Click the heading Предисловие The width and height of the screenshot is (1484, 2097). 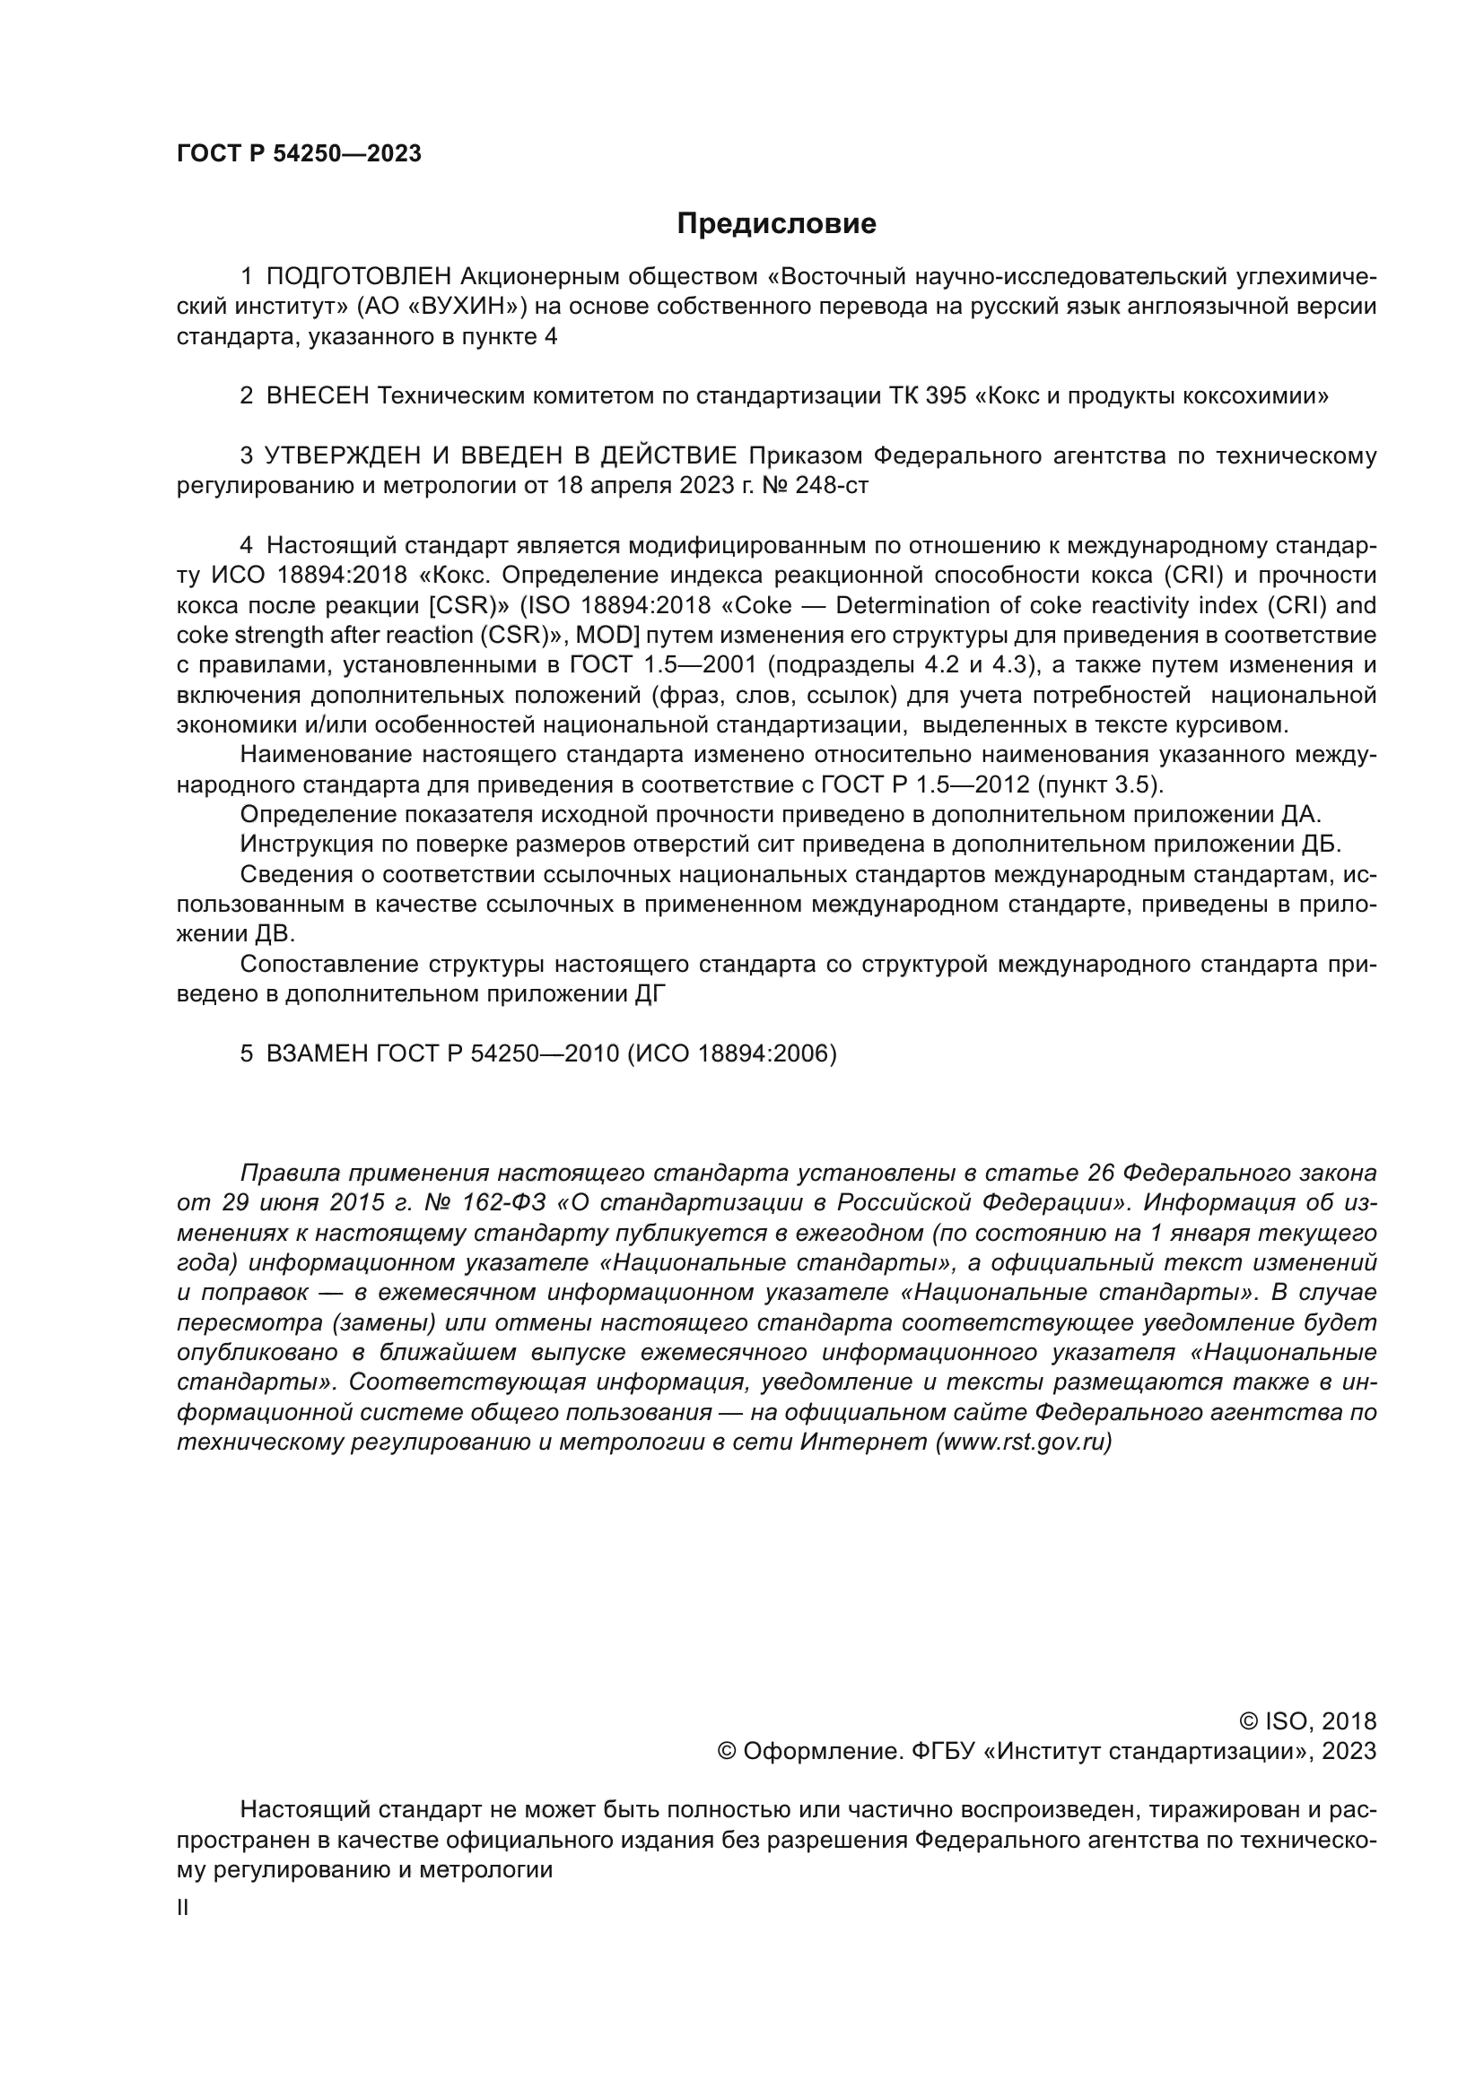coord(776,224)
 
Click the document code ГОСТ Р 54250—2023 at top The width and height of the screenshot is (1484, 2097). coord(299,154)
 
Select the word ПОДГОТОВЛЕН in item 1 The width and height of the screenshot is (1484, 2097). coord(359,276)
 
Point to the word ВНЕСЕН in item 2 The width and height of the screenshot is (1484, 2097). coord(318,395)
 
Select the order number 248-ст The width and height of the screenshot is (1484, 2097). coord(832,485)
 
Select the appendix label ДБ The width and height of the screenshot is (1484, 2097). coord(1323,844)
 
